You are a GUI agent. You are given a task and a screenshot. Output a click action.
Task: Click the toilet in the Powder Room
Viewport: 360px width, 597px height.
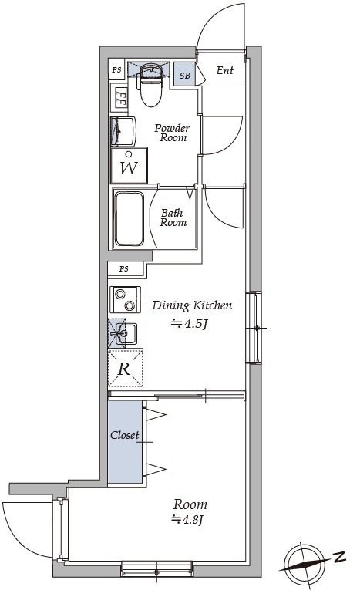coord(151,85)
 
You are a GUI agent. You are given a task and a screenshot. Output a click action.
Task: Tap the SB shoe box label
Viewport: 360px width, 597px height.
coord(185,76)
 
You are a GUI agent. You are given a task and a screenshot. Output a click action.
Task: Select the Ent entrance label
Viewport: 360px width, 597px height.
coord(225,70)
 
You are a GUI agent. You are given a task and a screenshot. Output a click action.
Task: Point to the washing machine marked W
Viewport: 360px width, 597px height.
coord(129,166)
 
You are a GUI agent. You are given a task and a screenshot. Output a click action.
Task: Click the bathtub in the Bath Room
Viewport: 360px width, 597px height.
coord(130,218)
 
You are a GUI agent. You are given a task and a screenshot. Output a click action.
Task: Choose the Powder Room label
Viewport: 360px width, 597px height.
coord(172,133)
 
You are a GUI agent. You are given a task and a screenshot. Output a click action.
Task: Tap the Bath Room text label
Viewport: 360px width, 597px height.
coord(173,218)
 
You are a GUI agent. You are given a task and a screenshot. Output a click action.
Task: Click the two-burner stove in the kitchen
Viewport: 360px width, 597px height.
coord(125,299)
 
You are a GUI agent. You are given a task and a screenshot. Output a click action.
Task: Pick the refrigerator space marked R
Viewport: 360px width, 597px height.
coord(125,369)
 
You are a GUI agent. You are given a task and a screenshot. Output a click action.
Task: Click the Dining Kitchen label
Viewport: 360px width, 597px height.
coord(192,305)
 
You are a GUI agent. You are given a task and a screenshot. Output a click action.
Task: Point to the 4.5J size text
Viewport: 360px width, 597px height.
coord(189,325)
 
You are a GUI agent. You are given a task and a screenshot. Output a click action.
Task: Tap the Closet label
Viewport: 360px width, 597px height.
coord(124,435)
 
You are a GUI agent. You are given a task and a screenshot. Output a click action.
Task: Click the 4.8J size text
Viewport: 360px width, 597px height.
coord(189,519)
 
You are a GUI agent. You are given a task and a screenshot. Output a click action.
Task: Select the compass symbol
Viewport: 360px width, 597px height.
coord(304,563)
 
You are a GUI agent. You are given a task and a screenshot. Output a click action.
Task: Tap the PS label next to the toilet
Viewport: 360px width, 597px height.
coord(117,69)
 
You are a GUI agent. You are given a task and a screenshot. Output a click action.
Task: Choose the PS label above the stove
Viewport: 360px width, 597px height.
coord(124,268)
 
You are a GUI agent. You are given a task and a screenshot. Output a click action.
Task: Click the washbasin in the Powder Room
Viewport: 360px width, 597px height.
coord(123,132)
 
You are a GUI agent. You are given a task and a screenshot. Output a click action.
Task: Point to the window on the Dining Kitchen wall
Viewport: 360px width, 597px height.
coord(254,328)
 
